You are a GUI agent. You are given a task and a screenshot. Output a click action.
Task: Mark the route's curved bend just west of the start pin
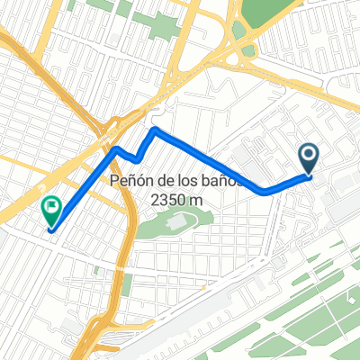tap(265, 191)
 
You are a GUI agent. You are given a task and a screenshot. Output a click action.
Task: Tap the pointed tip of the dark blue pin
tap(309, 175)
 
